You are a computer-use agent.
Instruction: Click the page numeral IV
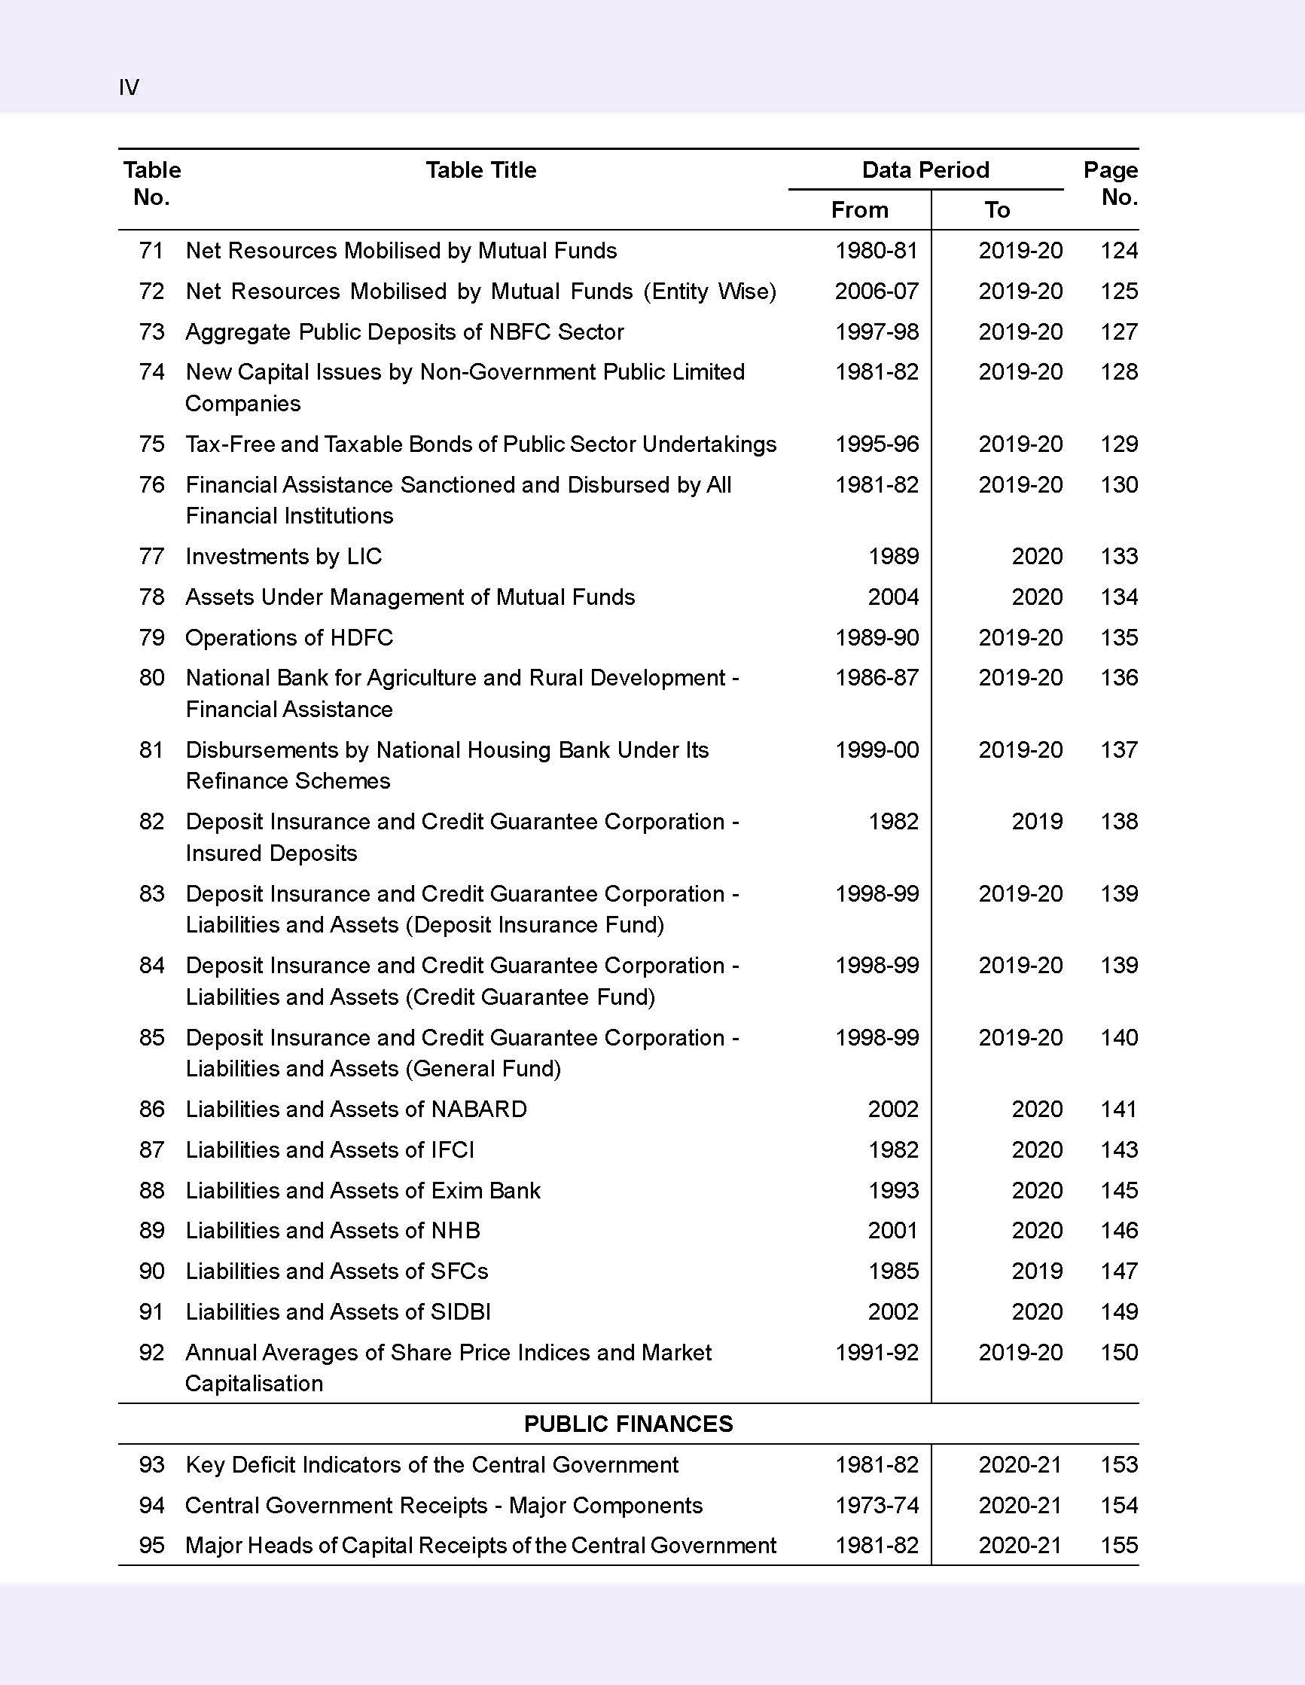tap(129, 87)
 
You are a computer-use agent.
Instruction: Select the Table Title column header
tap(480, 169)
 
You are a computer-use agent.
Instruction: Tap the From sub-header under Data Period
tap(859, 210)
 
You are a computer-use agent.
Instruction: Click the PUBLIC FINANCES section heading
tap(628, 1424)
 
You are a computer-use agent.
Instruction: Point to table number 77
tap(151, 556)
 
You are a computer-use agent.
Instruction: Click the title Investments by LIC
tap(283, 556)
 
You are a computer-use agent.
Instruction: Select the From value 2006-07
tap(877, 291)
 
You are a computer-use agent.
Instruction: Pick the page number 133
tap(1118, 556)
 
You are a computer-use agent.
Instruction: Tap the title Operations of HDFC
tap(288, 637)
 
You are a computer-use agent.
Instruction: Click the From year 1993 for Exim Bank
tap(893, 1189)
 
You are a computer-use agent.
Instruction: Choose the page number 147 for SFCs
tap(1118, 1271)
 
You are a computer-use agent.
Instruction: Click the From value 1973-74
tap(877, 1505)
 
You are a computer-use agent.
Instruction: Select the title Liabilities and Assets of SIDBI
tap(338, 1311)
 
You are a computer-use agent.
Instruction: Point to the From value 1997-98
tap(877, 331)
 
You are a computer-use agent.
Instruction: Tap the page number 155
tap(1118, 1546)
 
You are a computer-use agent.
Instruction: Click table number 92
tap(151, 1353)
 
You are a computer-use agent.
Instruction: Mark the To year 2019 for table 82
tap(1037, 821)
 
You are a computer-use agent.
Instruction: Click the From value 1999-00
tap(877, 750)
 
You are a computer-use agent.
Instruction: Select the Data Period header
tap(925, 169)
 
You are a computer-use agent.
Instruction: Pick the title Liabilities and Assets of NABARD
tap(355, 1109)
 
